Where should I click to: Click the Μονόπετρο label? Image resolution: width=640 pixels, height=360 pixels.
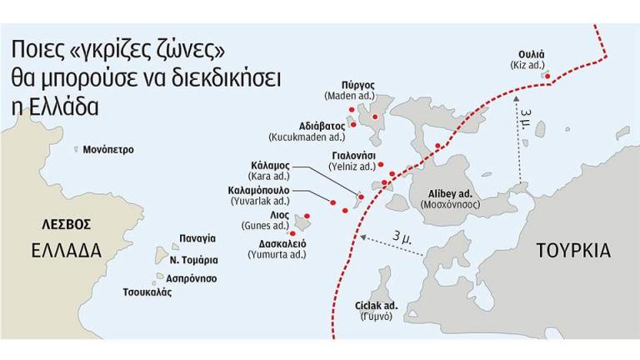pos(108,150)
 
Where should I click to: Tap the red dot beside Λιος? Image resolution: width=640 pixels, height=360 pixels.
pos(307,217)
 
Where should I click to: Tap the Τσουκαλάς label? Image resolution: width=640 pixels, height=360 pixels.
pos(147,292)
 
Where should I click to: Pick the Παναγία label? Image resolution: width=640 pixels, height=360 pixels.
pos(197,238)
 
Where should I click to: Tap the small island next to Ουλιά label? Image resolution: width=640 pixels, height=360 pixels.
pos(547,76)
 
